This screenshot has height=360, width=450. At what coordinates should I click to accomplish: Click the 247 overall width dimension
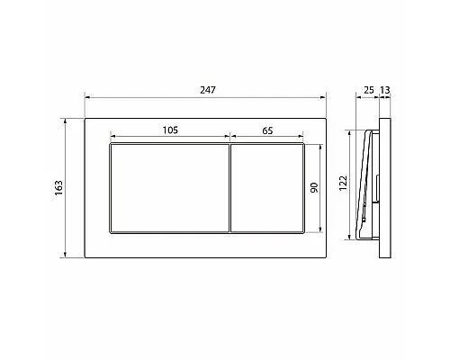click(209, 89)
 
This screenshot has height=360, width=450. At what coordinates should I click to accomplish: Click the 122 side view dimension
click(343, 185)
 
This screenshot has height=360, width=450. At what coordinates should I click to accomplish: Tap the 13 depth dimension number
click(386, 89)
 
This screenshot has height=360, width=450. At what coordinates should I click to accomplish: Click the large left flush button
click(168, 187)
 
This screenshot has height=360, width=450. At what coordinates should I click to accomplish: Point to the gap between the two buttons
click(229, 187)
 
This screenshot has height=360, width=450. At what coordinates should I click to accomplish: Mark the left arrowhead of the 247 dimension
click(86, 97)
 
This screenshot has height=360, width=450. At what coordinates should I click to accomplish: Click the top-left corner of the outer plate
click(85, 116)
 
